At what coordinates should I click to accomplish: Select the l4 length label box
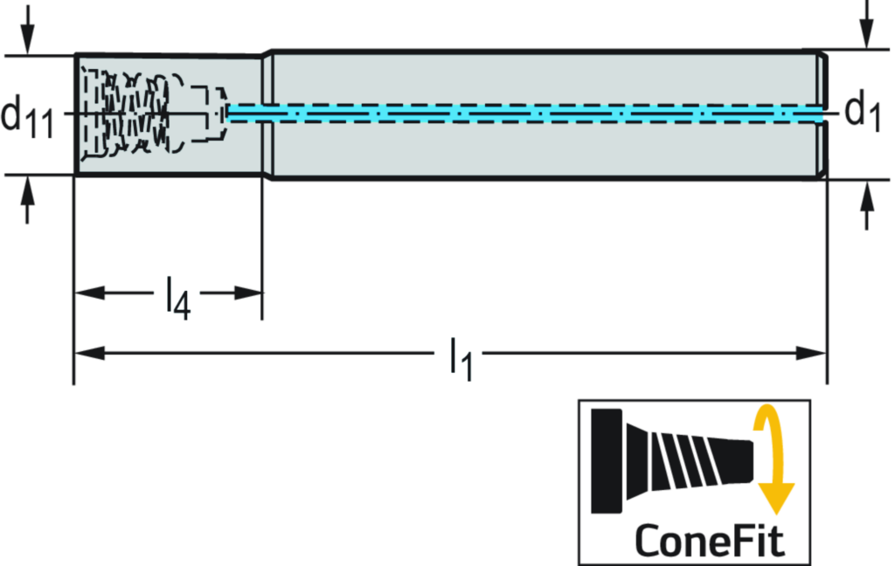(177, 295)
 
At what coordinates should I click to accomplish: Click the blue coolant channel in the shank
(524, 114)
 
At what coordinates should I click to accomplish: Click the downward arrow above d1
(866, 31)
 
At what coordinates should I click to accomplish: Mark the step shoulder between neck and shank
(269, 114)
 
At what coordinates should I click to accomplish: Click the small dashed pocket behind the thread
(211, 114)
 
